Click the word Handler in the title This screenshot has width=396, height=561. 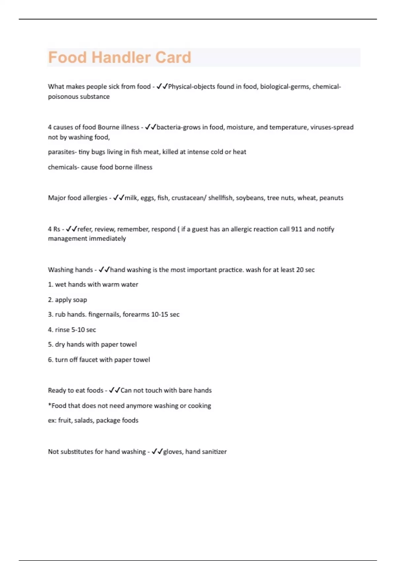(x=123, y=57)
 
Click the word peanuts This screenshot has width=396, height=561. (x=331, y=198)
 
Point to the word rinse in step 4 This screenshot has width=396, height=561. (x=62, y=330)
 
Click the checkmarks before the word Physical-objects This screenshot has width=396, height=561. (x=162, y=86)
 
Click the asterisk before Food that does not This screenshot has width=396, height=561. (x=49, y=405)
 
